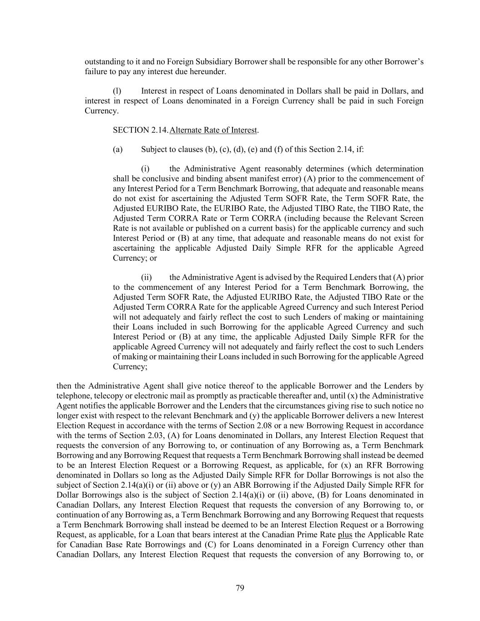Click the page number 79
click(240, 588)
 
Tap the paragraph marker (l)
click(117, 91)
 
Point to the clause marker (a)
click(117, 149)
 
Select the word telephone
click(73, 396)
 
